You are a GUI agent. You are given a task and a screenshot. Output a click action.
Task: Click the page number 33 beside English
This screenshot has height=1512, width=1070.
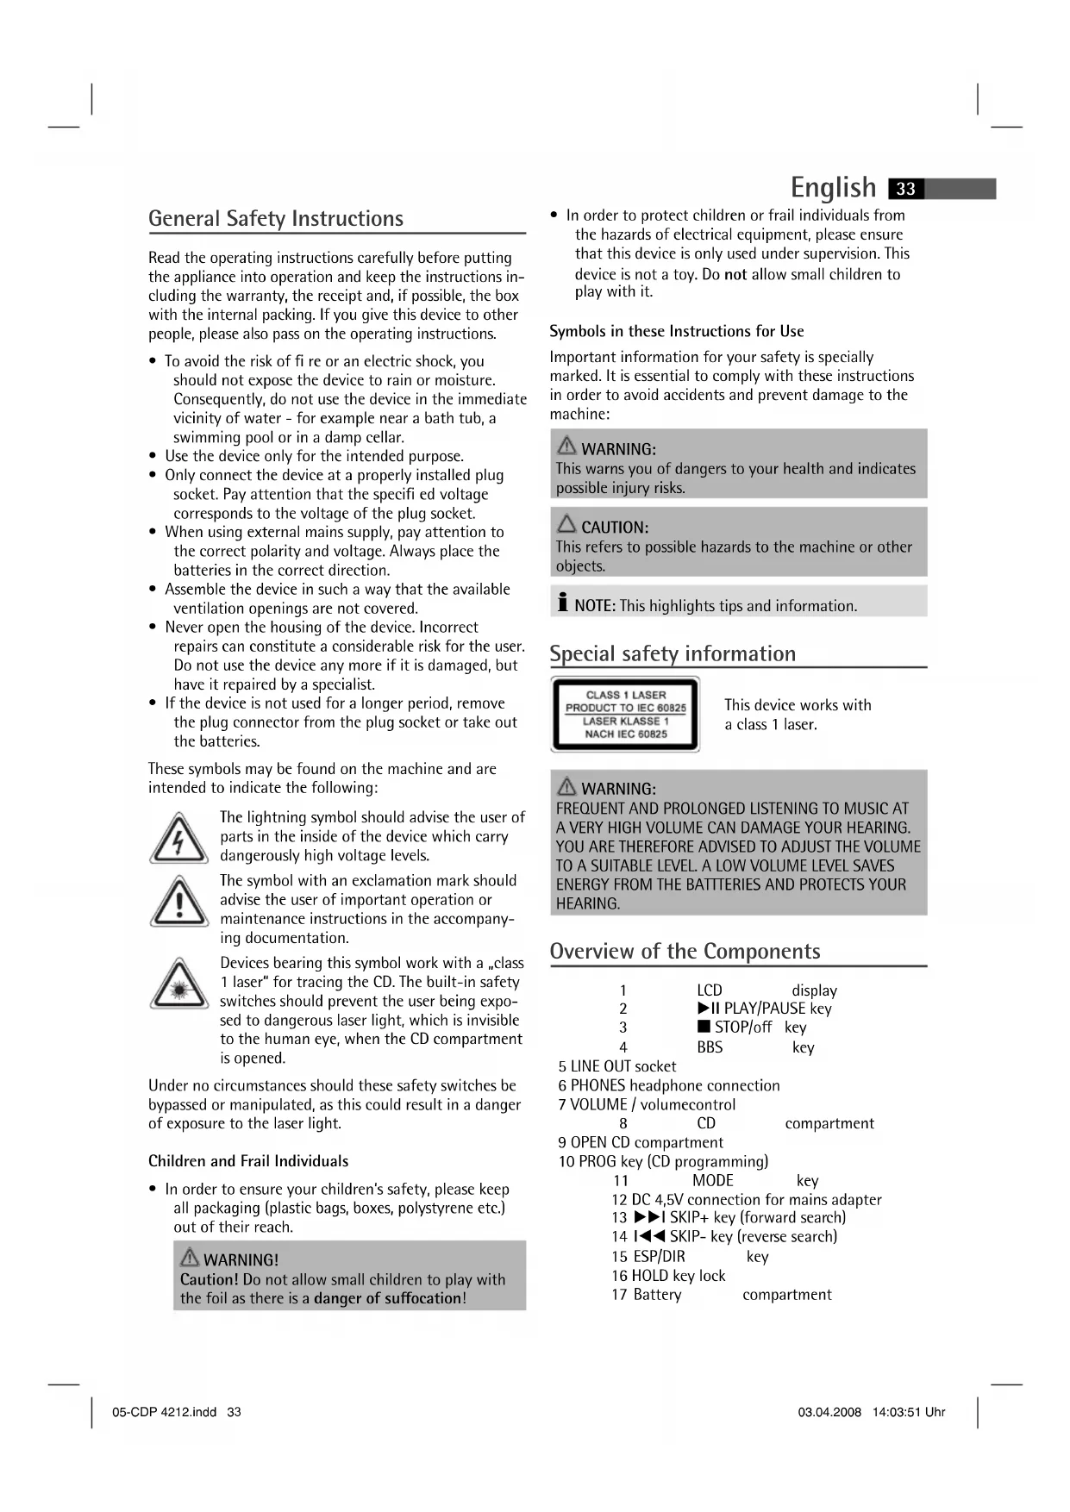[905, 189]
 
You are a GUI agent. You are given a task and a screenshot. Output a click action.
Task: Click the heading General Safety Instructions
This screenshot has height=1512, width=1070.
[276, 219]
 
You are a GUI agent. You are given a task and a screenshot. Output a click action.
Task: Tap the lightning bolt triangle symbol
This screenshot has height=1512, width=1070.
[178, 839]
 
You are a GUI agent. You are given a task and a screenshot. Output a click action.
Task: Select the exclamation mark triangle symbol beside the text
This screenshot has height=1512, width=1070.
[178, 903]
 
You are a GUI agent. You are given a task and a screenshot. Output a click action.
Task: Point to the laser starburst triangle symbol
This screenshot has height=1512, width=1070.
[178, 985]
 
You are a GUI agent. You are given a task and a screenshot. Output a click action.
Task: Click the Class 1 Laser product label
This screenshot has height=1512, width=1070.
[626, 715]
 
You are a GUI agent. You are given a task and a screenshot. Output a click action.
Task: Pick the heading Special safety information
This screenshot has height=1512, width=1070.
[673, 654]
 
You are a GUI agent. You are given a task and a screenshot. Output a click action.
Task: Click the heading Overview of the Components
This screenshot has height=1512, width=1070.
[685, 952]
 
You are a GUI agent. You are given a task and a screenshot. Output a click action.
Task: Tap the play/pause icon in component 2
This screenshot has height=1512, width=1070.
[708, 1009]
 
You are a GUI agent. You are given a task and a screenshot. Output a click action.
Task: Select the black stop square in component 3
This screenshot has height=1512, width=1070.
[704, 1027]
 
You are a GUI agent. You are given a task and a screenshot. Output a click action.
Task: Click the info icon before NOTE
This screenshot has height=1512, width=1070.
[562, 603]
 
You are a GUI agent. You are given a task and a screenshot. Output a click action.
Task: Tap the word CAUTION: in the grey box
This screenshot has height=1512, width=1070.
[614, 528]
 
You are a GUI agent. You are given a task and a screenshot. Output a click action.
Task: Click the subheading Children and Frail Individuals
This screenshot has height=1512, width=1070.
[248, 1161]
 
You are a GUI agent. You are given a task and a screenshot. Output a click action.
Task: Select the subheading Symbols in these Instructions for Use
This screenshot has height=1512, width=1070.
[676, 332]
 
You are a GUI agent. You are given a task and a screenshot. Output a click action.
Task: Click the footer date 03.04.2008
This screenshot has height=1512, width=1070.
[829, 1413]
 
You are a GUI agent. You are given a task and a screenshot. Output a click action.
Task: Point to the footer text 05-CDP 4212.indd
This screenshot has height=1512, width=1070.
[165, 1413]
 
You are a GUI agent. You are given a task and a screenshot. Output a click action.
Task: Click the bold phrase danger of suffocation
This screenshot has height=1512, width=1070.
[388, 1298]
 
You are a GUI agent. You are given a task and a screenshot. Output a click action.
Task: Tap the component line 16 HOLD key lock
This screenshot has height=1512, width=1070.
[668, 1276]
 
